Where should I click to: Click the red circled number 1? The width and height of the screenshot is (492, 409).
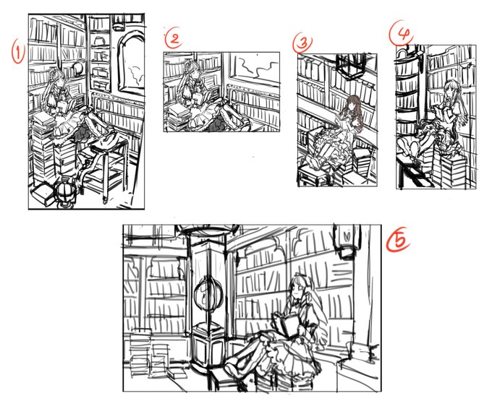pyautogui.click(x=18, y=52)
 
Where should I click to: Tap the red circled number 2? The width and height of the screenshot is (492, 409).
pyautogui.click(x=174, y=38)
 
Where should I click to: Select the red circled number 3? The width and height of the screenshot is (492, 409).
pyautogui.click(x=302, y=43)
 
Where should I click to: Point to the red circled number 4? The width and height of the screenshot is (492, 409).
pyautogui.click(x=402, y=32)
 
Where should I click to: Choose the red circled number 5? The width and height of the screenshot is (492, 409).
pyautogui.click(x=398, y=240)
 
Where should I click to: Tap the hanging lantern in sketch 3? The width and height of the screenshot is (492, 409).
pyautogui.click(x=349, y=66)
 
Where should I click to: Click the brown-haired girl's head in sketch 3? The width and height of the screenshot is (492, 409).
pyautogui.click(x=353, y=104)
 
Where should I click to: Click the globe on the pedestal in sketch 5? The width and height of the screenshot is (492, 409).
pyautogui.click(x=208, y=293)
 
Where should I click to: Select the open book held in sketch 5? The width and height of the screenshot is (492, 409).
pyautogui.click(x=287, y=326)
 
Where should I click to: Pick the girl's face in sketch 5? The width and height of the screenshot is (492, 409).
pyautogui.click(x=297, y=290)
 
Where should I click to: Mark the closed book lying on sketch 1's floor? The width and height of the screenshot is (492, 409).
pyautogui.click(x=42, y=194)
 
